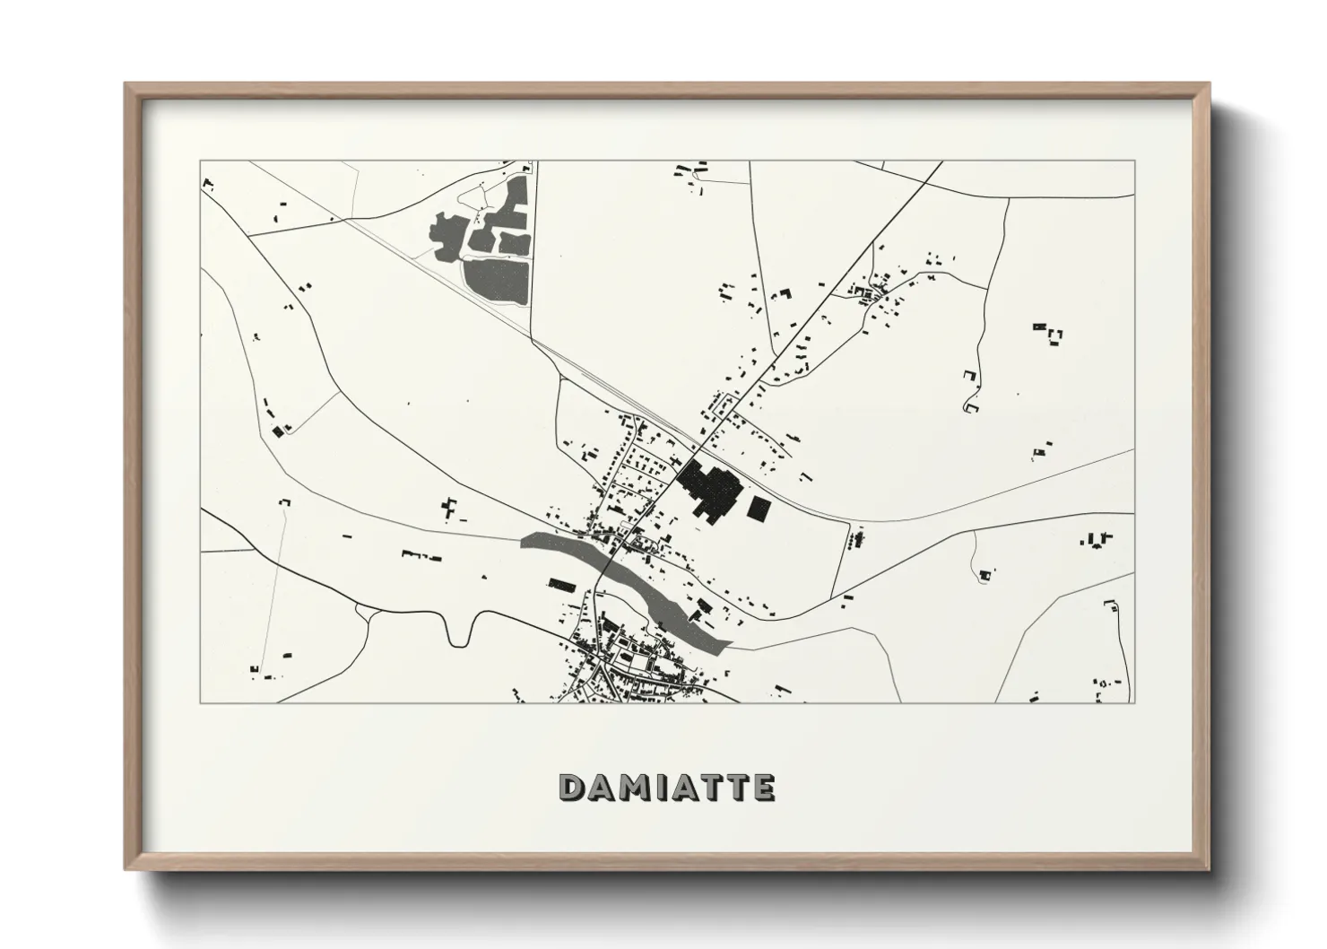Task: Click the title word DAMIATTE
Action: point(666,787)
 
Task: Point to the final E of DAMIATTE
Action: point(763,787)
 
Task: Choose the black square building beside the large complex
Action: point(759,509)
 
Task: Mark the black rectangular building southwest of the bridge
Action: point(561,585)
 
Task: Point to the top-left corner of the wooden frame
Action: point(126,83)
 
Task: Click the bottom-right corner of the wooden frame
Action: point(1209,869)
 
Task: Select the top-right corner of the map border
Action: point(1135,161)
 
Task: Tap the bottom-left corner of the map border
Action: point(200,703)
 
